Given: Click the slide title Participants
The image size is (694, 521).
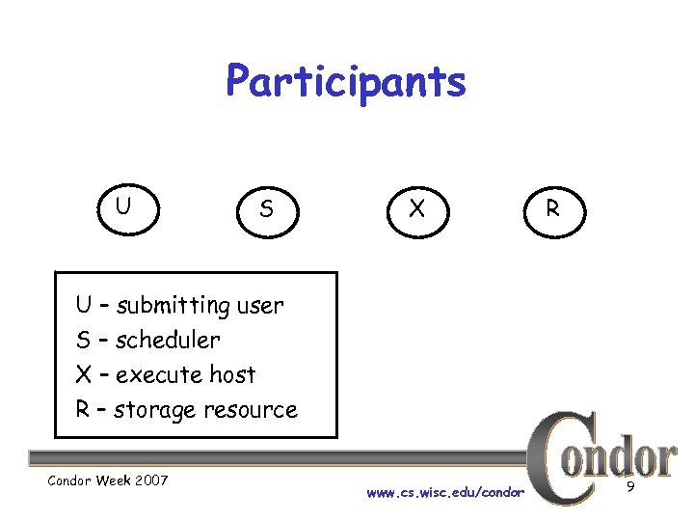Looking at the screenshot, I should click(x=345, y=82).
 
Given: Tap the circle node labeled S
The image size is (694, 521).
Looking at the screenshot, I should click(x=266, y=208).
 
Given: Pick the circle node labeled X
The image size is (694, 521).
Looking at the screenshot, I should click(x=416, y=208).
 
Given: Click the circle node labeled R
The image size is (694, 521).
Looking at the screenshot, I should click(x=552, y=208).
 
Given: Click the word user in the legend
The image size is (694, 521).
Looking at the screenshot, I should click(x=260, y=307).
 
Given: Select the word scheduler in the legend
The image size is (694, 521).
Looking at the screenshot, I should click(x=168, y=341).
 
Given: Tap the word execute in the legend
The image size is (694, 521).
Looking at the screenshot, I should click(x=160, y=374).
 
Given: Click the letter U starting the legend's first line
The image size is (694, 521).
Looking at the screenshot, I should click(x=84, y=306).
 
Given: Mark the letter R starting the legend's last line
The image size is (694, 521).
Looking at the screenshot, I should click(x=83, y=409).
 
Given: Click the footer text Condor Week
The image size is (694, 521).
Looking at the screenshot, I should click(x=87, y=480).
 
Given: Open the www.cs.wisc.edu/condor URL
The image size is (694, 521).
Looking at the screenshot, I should click(x=445, y=493).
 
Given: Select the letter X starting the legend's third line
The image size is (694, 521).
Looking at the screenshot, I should click(x=84, y=374).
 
